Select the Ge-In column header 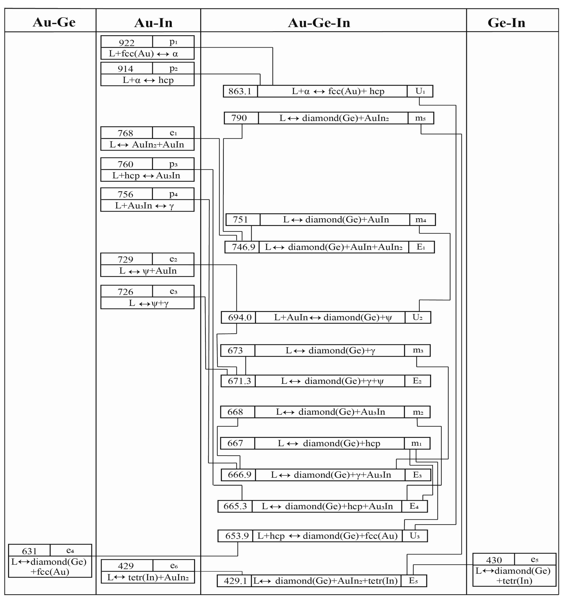(506, 23)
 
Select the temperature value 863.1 (240, 91)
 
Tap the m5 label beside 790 (420, 118)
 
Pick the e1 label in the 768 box (173, 133)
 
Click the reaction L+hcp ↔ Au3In (146, 175)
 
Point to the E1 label (421, 247)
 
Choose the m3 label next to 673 (418, 350)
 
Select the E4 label (414, 506)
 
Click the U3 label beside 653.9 (415, 536)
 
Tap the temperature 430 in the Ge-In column (494, 560)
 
